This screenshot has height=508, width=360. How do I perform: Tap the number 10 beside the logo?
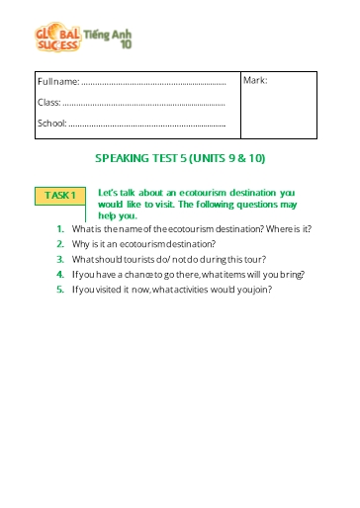pyautogui.click(x=126, y=44)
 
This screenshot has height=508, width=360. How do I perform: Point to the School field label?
pyautogui.click(x=51, y=124)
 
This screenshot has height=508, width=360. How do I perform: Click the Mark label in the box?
pyautogui.click(x=255, y=80)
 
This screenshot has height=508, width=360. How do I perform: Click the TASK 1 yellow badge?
pyautogui.click(x=59, y=196)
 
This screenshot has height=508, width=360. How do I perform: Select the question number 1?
pyautogui.click(x=60, y=228)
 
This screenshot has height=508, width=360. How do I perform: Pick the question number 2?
pyautogui.click(x=60, y=243)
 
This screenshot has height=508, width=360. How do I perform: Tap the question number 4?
pyautogui.click(x=60, y=274)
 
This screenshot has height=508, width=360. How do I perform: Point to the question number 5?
pyautogui.click(x=60, y=290)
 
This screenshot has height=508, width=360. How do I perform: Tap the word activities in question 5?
pyautogui.click(x=200, y=290)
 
